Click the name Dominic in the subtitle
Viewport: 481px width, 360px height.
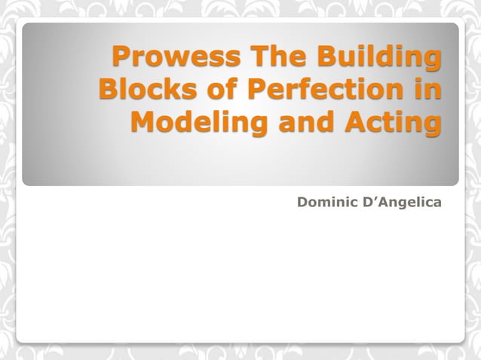[329, 202]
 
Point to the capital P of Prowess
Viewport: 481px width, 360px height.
[121, 57]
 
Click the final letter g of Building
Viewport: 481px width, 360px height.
[432, 61]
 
